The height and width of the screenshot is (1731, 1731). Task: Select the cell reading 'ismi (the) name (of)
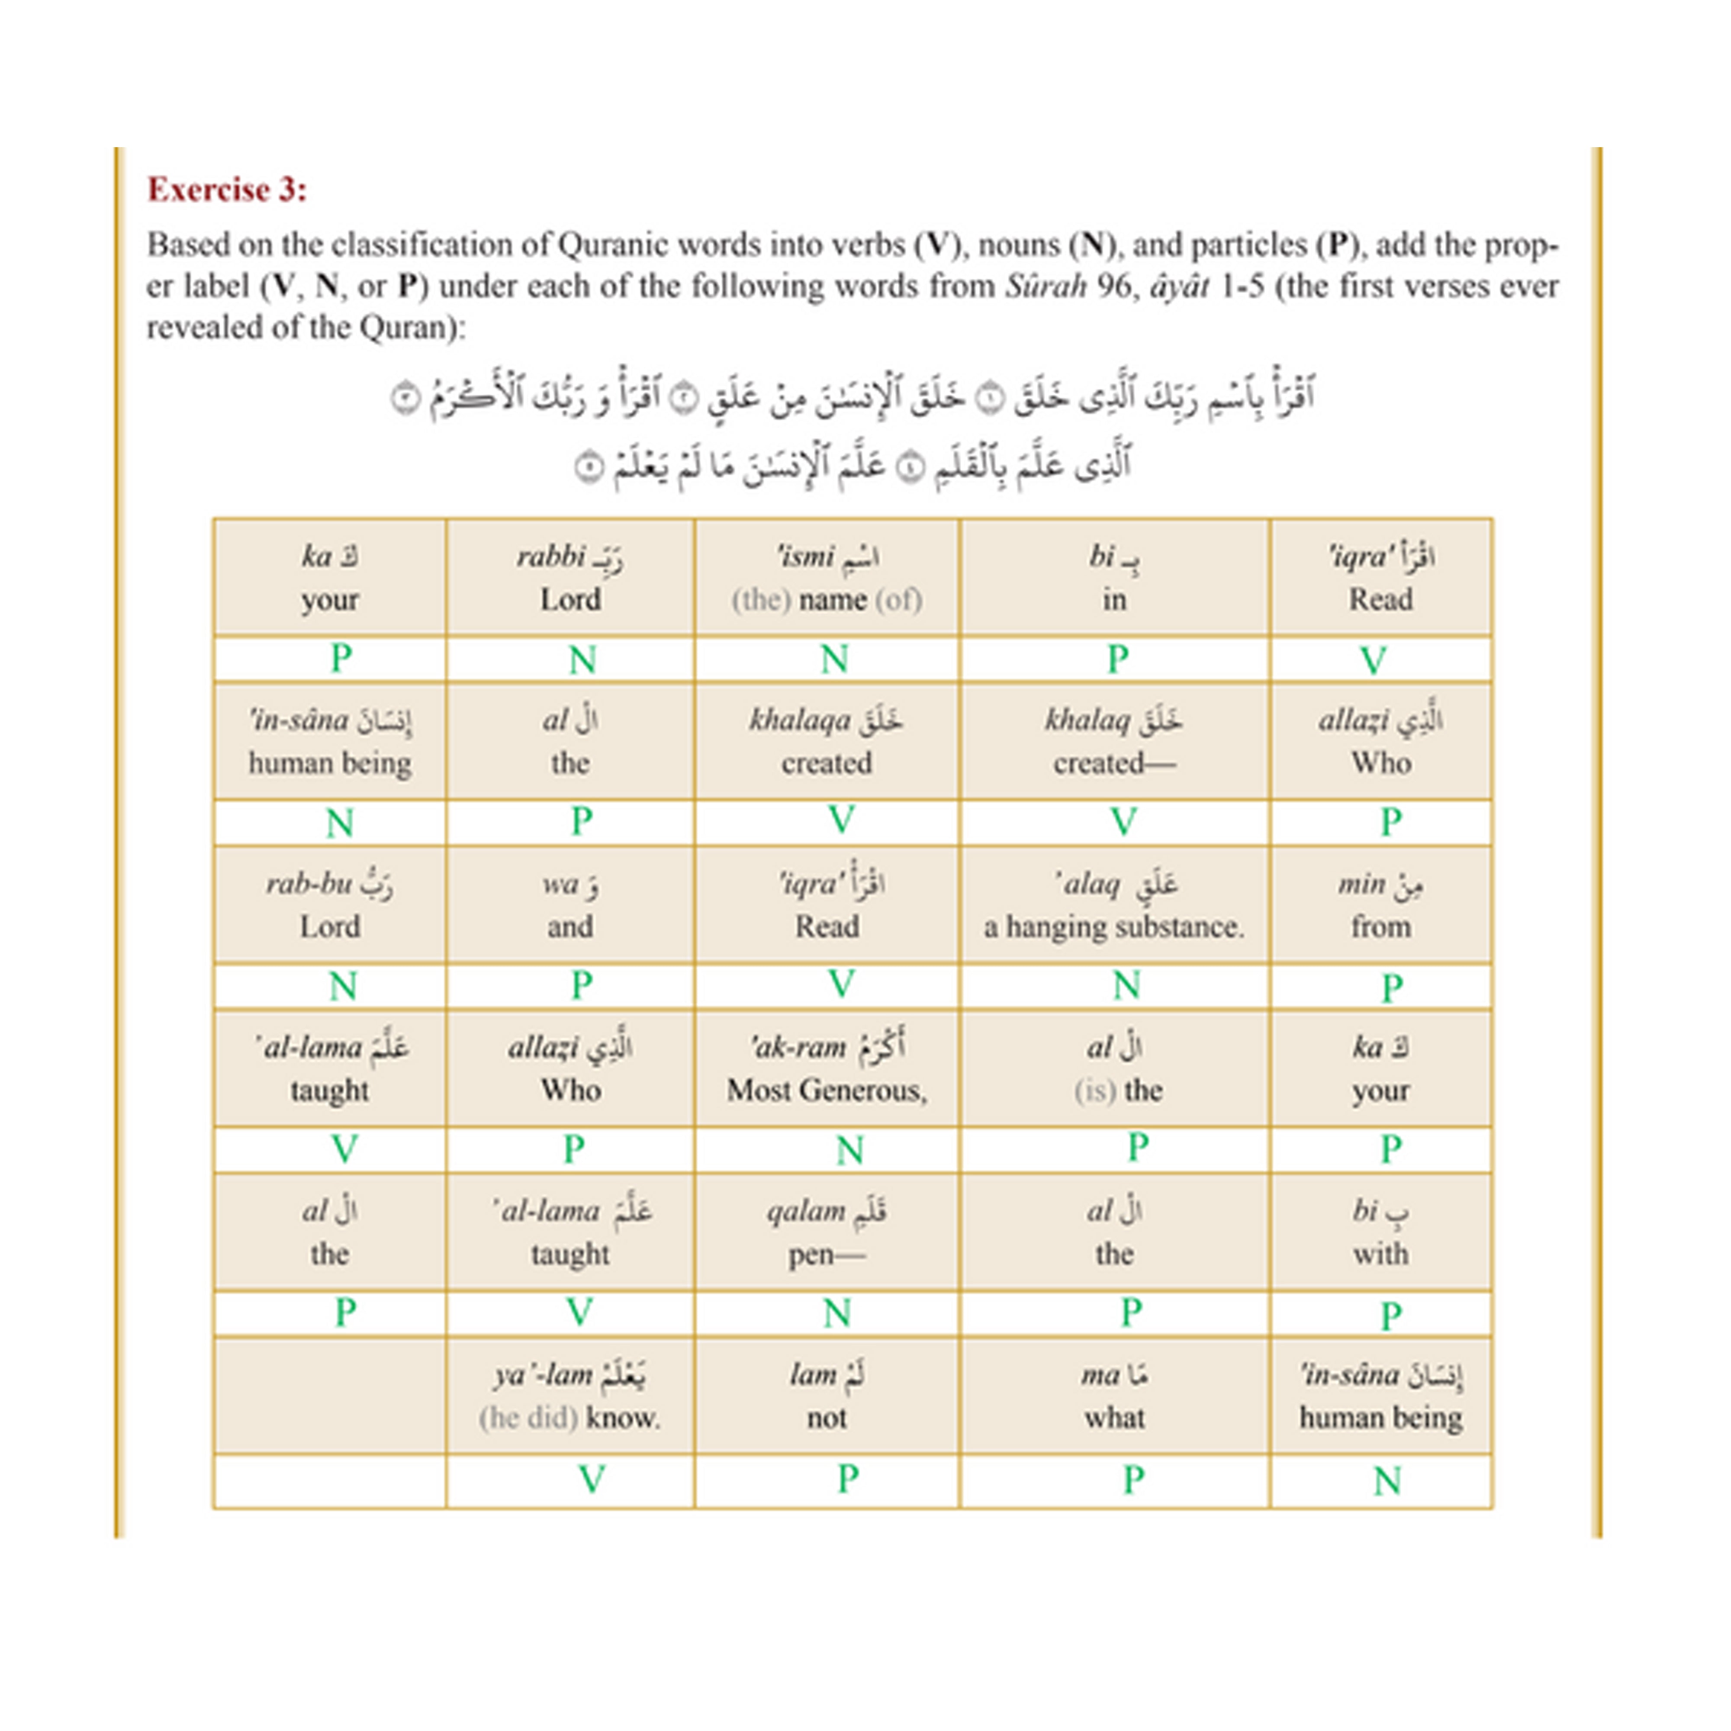point(826,578)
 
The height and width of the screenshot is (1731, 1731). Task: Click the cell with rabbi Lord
point(570,578)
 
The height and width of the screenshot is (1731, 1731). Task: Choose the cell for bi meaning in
point(1113,578)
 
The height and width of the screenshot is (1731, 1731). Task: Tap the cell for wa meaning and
point(570,905)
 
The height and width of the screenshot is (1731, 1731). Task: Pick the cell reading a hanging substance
point(1113,905)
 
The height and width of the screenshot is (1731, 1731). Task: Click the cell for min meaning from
point(1380,905)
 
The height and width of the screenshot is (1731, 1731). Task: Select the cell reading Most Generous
point(826,1069)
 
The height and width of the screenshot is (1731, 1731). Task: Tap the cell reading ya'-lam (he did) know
point(570,1396)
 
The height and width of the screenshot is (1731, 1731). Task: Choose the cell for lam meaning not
point(826,1396)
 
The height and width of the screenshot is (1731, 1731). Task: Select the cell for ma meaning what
point(1113,1396)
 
